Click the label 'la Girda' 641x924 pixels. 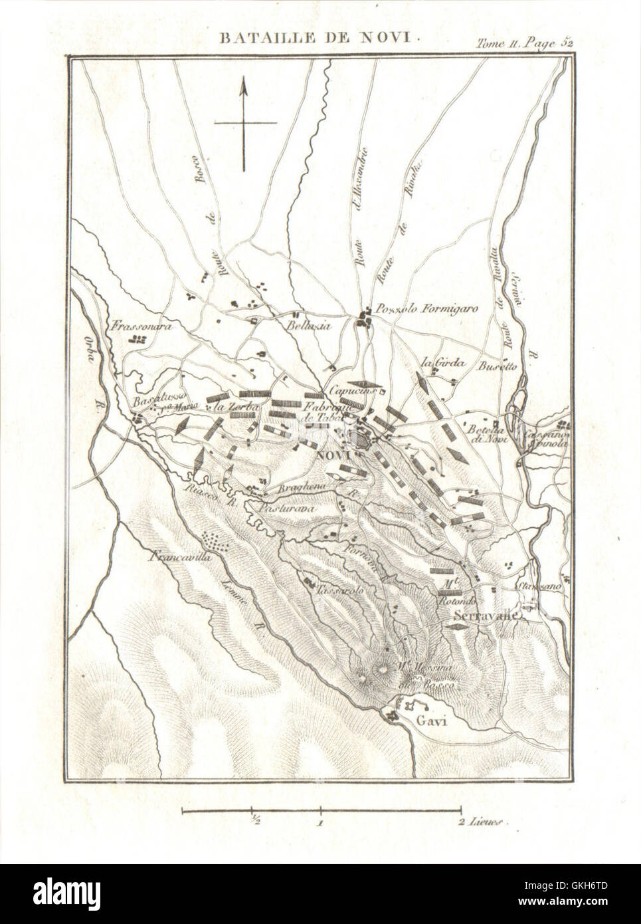click(440, 363)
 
